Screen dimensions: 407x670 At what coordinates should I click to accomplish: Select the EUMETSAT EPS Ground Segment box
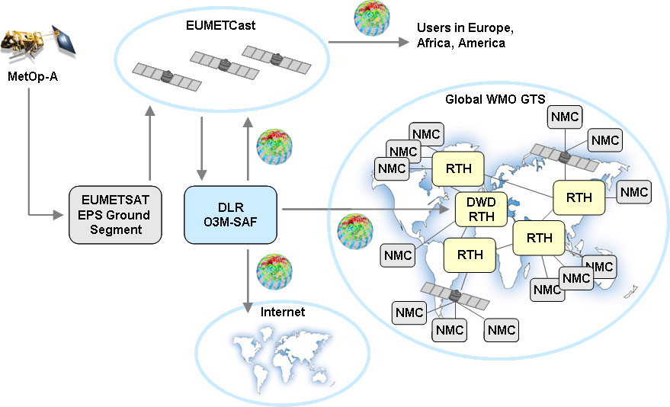(x=116, y=214)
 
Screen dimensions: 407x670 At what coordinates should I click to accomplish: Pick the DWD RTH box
(x=481, y=209)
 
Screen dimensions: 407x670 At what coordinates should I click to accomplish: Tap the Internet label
(x=282, y=312)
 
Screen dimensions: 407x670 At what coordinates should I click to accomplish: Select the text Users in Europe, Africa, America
(x=465, y=36)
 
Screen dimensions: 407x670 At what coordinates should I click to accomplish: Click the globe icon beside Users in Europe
(x=372, y=19)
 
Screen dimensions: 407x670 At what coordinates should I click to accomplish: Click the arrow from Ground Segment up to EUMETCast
(x=150, y=145)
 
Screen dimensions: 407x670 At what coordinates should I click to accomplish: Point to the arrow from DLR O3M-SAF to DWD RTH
(x=366, y=208)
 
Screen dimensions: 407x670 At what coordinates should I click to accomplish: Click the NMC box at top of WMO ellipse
(x=565, y=117)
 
